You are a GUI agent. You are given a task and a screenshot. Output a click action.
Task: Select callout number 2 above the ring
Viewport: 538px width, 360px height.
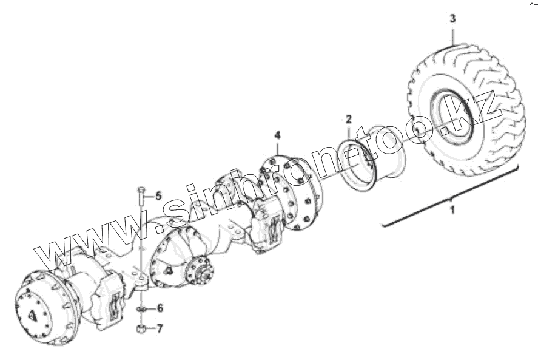(349, 118)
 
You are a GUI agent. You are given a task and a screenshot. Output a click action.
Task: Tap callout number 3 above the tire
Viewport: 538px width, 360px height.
(452, 19)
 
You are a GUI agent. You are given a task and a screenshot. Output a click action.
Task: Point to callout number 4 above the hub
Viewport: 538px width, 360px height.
(277, 134)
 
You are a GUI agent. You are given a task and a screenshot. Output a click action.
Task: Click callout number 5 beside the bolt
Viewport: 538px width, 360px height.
(159, 195)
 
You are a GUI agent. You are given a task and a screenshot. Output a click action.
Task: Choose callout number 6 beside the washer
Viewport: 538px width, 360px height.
(160, 308)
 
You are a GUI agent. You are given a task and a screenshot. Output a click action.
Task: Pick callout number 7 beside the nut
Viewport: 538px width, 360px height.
(160, 329)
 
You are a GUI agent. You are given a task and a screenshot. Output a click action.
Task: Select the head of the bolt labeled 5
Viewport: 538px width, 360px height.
(141, 191)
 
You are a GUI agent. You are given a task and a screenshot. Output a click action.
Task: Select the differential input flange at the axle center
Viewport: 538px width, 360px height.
(198, 272)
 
